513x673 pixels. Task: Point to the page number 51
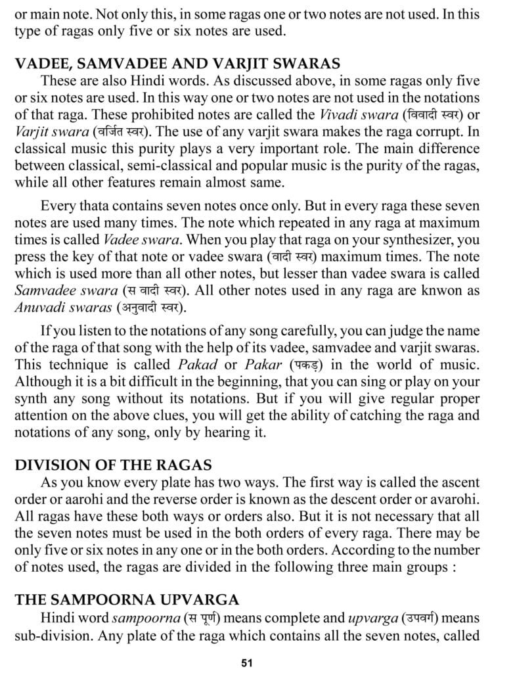247,662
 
